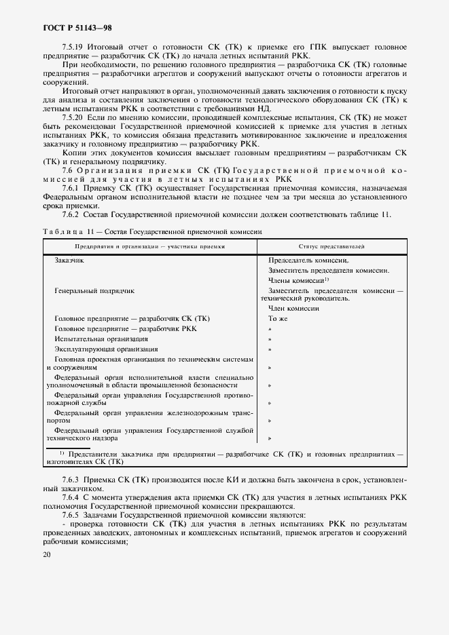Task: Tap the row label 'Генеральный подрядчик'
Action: coord(94,290)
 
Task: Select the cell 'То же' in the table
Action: coord(278,318)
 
